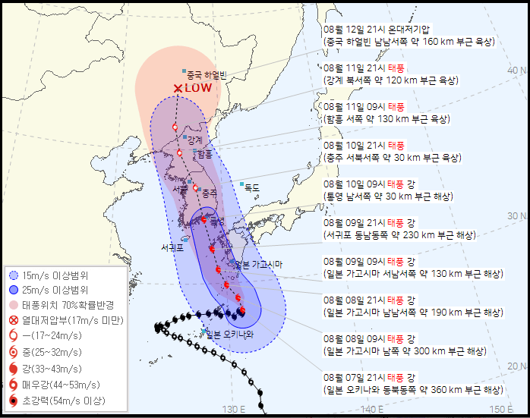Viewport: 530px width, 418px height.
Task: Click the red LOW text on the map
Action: pos(197,88)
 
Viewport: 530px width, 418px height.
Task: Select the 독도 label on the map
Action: pos(251,187)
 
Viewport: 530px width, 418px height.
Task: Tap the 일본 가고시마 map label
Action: pos(258,264)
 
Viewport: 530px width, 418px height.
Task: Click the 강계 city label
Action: pos(195,140)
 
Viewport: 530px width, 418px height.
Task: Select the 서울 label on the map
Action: pos(180,188)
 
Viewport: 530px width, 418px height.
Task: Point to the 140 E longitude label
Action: pos(371,410)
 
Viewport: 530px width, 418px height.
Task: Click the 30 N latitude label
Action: pos(517,216)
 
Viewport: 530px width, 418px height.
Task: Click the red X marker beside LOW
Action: pos(178,89)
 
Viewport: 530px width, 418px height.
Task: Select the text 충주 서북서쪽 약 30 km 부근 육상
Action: pos(392,158)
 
